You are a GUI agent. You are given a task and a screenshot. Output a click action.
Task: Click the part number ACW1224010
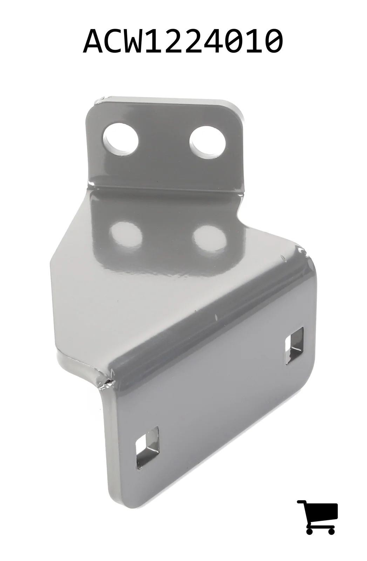183,41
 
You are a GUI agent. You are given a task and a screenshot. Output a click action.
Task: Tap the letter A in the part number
93,41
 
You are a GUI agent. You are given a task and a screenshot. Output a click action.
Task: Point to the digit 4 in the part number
205,41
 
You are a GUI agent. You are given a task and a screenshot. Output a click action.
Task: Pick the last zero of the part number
273,41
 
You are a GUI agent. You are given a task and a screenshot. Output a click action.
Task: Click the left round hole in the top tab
121,139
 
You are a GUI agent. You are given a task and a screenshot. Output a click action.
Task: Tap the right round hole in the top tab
208,142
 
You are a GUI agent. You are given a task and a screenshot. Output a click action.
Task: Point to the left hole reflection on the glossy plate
125,236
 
